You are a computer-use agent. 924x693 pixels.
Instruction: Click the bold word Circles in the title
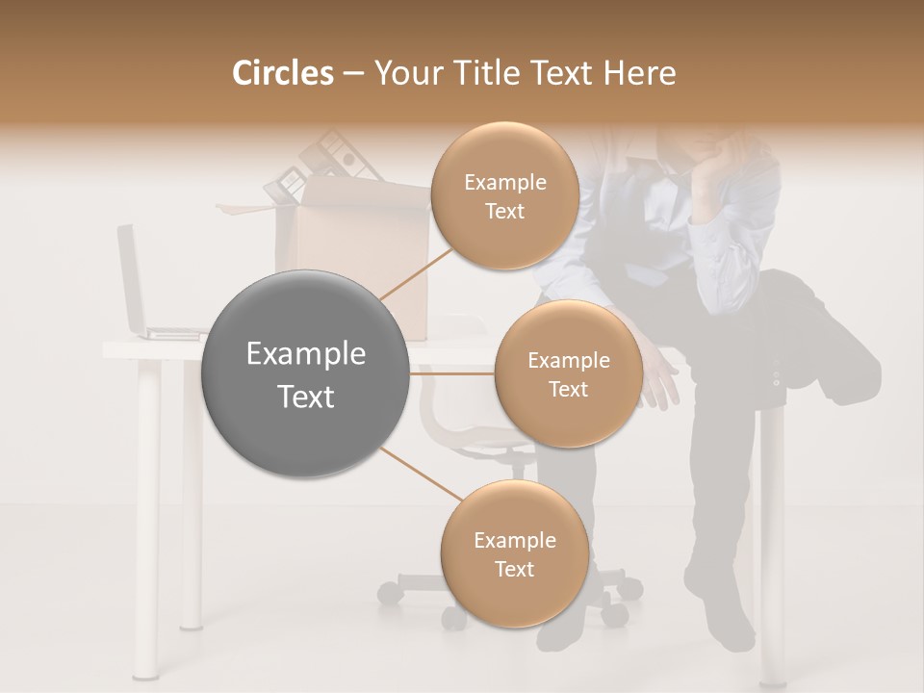point(282,73)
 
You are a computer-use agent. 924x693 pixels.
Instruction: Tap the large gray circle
point(306,373)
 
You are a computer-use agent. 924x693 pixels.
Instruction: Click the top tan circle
point(504,195)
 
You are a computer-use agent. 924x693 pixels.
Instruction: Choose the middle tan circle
point(568,373)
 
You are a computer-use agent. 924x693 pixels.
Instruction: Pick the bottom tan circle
point(514,554)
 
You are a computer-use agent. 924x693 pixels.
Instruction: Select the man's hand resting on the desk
point(659,380)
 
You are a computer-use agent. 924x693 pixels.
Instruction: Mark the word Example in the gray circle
point(306,354)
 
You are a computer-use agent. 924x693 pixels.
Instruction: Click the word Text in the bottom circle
point(514,569)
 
